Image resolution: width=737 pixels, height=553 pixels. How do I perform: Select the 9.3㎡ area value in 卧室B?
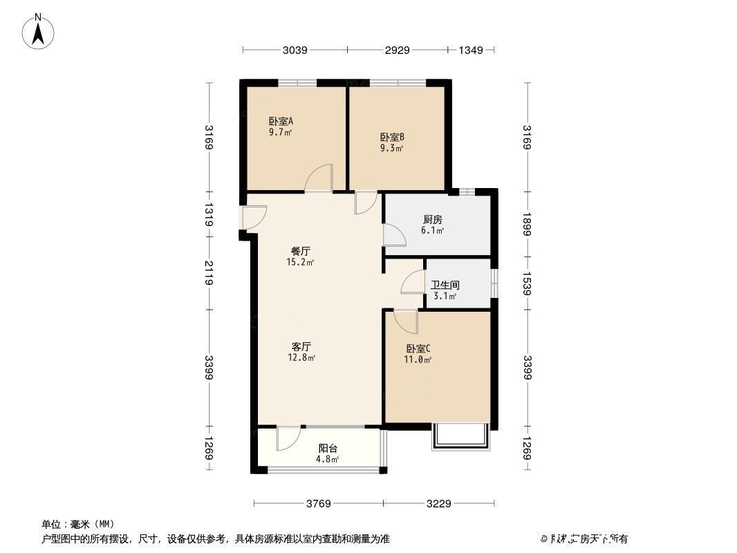(x=391, y=148)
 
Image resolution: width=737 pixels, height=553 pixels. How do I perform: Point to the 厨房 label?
(x=433, y=220)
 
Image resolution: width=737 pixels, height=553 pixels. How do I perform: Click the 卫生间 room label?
(x=445, y=285)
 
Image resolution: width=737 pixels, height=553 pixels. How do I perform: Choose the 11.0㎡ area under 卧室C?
(x=418, y=359)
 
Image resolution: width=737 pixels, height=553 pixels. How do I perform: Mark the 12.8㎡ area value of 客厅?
(x=302, y=357)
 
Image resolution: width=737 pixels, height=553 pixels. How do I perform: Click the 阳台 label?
(x=328, y=448)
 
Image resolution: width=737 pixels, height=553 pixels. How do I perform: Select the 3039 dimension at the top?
(x=295, y=50)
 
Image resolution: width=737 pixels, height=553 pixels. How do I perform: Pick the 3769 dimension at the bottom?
(x=319, y=503)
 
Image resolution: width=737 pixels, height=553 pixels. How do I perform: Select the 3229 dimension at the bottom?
(x=438, y=503)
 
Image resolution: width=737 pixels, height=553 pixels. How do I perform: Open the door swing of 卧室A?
(x=319, y=178)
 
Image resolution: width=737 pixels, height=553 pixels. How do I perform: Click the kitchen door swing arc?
(x=395, y=235)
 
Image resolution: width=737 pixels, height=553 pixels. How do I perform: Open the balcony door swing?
(x=287, y=438)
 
